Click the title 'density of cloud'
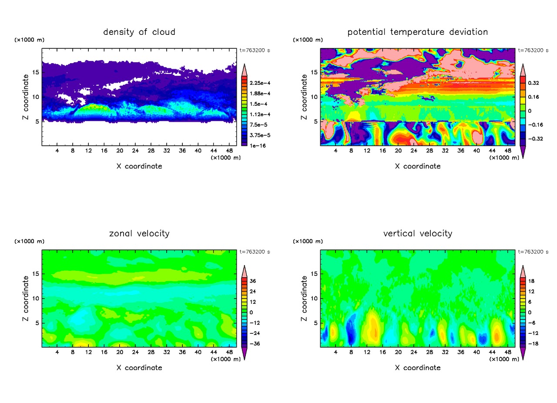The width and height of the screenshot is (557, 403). point(139,32)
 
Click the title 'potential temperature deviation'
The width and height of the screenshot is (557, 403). point(418,32)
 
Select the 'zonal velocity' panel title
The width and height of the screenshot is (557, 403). point(139,234)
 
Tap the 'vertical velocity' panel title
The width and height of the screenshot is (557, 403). point(418,234)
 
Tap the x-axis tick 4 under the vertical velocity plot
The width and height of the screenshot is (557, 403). point(336,353)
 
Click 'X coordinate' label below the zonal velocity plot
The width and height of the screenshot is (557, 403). point(139,368)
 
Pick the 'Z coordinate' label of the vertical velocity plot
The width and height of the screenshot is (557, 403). point(304,298)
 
